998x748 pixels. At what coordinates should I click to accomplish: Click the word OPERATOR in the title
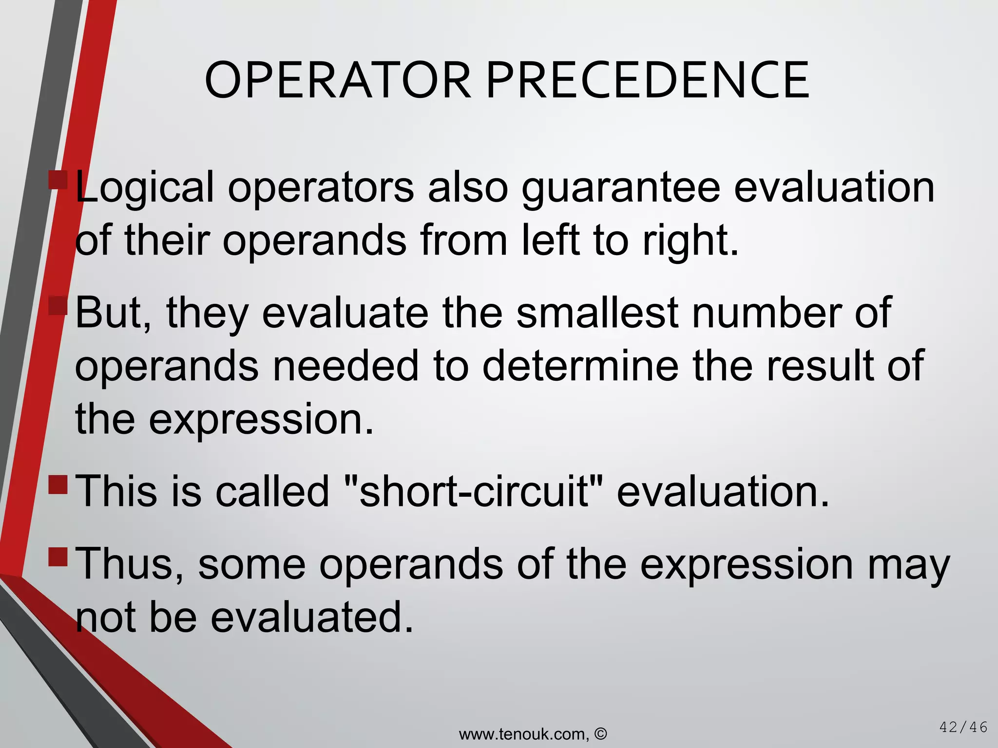click(338, 80)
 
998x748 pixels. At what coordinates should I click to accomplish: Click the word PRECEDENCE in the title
click(648, 80)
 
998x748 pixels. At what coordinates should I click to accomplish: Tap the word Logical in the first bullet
click(145, 188)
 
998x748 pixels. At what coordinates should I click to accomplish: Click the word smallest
click(597, 313)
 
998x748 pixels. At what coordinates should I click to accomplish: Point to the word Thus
click(130, 565)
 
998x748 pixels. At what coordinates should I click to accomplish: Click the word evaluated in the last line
click(312, 617)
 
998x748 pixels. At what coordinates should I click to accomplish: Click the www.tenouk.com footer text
click(523, 734)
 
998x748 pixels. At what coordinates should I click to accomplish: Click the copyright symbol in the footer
click(601, 733)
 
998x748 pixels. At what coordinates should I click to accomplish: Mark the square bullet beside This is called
click(58, 484)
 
